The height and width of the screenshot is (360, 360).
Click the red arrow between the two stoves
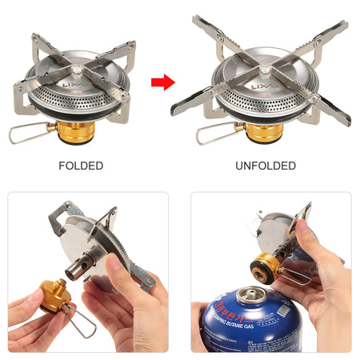(163, 81)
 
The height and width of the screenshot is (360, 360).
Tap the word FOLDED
(80, 166)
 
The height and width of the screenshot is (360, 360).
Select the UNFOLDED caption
(266, 166)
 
